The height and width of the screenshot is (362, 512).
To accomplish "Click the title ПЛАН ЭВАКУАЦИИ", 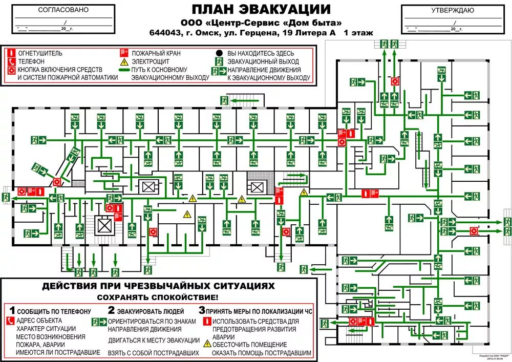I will [x=261, y=9].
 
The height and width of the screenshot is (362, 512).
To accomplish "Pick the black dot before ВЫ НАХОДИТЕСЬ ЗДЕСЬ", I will [x=219, y=53].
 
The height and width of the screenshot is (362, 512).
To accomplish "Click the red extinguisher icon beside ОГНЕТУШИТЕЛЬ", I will [x=11, y=53].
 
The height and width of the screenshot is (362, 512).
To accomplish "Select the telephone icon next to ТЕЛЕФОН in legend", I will [x=11, y=61].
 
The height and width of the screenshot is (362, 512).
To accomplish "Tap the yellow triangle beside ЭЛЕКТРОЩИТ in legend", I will [x=123, y=61].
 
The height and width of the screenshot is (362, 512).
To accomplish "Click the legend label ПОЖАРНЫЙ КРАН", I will [x=156, y=53].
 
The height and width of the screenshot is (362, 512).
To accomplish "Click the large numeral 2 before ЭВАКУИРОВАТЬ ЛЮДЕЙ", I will [x=111, y=310].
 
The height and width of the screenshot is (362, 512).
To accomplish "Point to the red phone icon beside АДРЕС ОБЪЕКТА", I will [x=11, y=321].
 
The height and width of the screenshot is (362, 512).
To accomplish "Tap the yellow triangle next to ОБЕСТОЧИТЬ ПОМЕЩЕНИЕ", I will [x=207, y=344].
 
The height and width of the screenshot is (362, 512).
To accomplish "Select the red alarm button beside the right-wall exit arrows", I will [x=474, y=231].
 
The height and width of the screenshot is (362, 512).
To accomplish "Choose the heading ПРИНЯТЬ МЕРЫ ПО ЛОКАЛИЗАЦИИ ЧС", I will [x=259, y=311].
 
